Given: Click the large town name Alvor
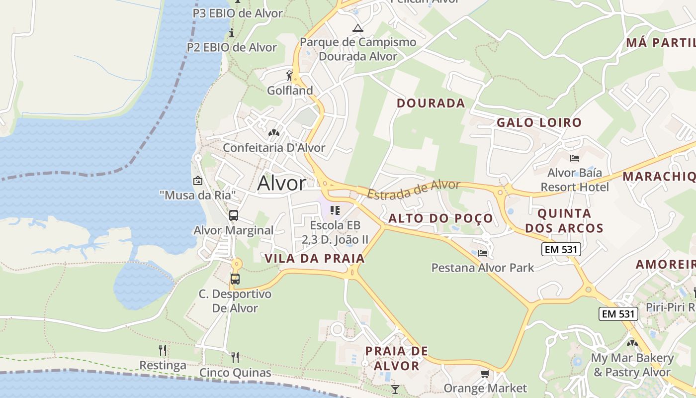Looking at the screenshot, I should tap(281, 184).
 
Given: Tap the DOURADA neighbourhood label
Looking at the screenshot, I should tap(431, 103).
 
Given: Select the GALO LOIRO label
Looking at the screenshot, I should tap(539, 122).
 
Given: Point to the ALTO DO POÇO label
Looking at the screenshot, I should tap(440, 218).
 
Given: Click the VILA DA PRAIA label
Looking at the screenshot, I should tap(315, 258).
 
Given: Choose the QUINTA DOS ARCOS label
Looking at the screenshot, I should tap(564, 221).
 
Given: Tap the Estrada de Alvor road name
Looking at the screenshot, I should tap(414, 189).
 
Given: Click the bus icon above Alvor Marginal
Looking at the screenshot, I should tap(233, 215).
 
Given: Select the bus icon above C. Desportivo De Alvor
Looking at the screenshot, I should tap(235, 279).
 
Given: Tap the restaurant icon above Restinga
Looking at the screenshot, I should tap(163, 350).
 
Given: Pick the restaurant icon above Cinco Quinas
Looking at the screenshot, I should tap(235, 357).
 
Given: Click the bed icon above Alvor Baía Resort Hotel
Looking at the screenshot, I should tap(575, 158).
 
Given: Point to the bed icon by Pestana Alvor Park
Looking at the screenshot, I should tap(482, 253).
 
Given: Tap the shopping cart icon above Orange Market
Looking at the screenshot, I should tap(485, 374).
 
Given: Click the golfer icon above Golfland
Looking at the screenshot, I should tap(290, 76).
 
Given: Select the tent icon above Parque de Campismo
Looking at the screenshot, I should tap(357, 28).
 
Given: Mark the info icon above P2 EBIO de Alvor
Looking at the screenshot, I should tap(231, 33).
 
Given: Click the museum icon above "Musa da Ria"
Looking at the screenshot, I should tap(197, 181).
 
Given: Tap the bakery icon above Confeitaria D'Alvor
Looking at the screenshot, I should tap(273, 133).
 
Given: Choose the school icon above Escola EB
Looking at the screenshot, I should tap(335, 210).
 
